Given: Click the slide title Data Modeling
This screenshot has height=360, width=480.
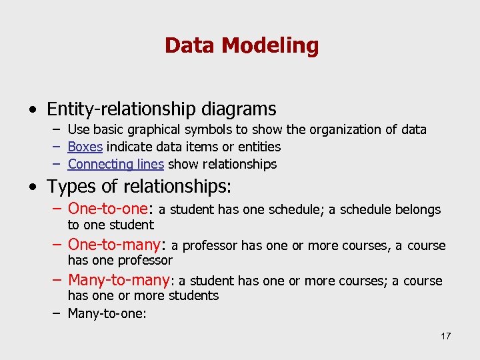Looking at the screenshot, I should coord(241,45).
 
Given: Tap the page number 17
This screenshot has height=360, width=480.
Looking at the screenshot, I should coord(445,335).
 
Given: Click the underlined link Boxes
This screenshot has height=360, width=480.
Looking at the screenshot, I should coord(85,147).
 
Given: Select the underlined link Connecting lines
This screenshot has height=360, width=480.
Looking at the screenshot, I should coord(116,164).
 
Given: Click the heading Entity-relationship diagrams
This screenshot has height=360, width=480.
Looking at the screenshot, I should coord(161,109).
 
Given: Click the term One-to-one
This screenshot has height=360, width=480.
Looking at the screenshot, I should coord(110,209).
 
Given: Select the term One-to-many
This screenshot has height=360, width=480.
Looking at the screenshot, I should coord(115,245).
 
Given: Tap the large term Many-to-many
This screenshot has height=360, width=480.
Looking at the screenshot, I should coord(119,280).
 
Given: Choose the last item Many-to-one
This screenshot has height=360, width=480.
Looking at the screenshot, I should coord(107,313).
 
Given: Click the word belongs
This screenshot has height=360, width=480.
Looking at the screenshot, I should coord(418,210).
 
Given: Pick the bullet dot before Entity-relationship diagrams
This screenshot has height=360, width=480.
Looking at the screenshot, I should coord(33,109).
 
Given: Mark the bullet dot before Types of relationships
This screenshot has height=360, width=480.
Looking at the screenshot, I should coord(33,187).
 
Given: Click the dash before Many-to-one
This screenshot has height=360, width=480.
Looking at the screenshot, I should coord(58,313).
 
